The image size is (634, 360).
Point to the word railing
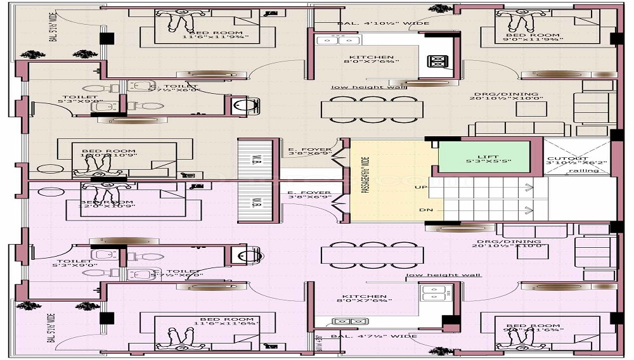(583, 170)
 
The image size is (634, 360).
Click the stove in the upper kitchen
(437, 61)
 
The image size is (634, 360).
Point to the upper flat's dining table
(372, 109)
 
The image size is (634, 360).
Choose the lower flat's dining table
(372, 255)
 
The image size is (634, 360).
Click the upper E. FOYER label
(309, 152)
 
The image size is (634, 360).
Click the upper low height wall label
(368, 87)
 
